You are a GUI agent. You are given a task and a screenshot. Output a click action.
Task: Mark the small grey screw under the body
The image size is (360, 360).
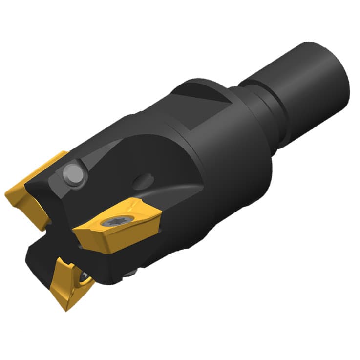tap(130, 274)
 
